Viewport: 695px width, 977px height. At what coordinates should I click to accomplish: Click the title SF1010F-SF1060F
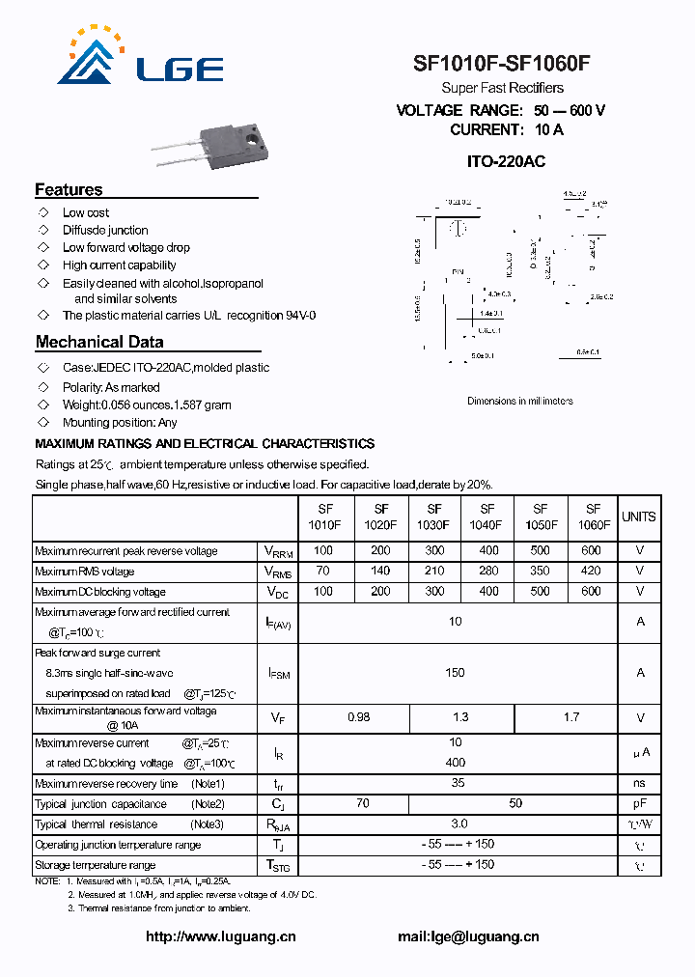click(501, 64)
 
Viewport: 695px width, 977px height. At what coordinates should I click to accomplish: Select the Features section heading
click(69, 190)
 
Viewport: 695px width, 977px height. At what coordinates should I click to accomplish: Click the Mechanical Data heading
click(99, 342)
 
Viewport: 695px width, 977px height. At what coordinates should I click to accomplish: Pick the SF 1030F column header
click(434, 516)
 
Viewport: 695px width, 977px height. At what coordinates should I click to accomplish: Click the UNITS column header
click(639, 516)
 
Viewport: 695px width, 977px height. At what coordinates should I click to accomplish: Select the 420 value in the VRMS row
click(592, 572)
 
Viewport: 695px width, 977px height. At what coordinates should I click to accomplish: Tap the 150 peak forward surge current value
click(455, 672)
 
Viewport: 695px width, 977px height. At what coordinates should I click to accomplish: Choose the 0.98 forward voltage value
click(357, 717)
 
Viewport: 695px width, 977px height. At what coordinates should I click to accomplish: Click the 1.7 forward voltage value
click(571, 717)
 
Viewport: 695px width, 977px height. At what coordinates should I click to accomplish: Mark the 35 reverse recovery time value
click(458, 783)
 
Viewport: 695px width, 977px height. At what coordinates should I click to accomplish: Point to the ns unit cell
click(639, 783)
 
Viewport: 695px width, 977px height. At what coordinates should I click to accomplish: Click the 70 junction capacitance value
click(362, 803)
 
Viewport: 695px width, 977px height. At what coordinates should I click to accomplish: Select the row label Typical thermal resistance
click(96, 824)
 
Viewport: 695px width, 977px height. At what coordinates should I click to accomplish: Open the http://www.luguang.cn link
click(220, 936)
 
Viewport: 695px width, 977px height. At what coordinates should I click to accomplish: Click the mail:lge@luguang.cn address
click(468, 936)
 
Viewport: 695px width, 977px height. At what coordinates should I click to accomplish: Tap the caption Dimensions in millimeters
click(519, 401)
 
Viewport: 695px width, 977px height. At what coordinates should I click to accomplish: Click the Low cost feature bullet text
click(86, 212)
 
